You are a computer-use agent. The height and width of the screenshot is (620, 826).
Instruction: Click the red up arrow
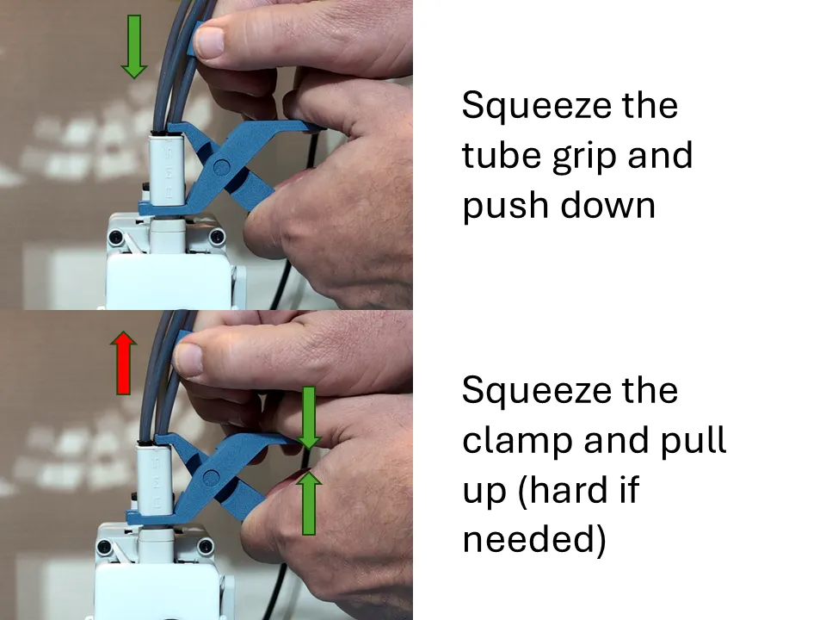tap(124, 363)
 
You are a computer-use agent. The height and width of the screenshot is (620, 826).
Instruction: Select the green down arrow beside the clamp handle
tap(310, 418)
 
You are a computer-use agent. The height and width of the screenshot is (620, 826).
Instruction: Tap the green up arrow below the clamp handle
tap(310, 503)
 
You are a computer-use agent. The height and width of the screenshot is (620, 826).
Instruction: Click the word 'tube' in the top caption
tap(494, 156)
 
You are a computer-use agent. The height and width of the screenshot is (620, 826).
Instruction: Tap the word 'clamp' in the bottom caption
tap(517, 441)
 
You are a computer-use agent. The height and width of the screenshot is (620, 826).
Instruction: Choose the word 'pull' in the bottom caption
tap(694, 441)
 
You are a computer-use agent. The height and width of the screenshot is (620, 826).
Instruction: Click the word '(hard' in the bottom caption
tap(585, 491)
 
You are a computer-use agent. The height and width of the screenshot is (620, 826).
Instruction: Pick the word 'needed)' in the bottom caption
tap(534, 540)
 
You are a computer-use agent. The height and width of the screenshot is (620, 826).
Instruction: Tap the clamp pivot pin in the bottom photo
tap(209, 476)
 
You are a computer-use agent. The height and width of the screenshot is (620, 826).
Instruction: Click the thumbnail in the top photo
tap(211, 40)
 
